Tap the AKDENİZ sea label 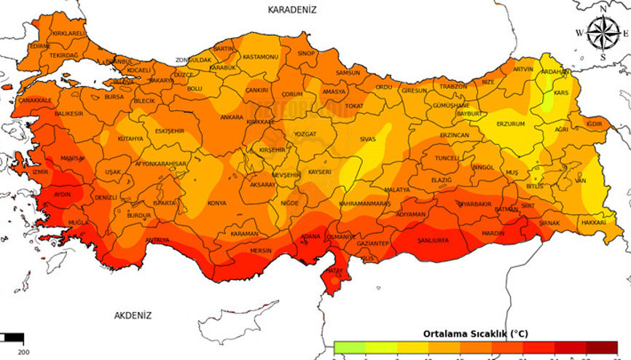tap(133, 316)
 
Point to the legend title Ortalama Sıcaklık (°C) tap(475, 333)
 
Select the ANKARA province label tap(232, 117)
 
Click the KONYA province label tap(216, 203)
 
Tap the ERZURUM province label tap(511, 124)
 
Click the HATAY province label tap(334, 271)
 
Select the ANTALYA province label tap(157, 240)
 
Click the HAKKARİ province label tap(594, 222)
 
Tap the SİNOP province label tap(306, 53)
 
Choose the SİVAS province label tap(367, 138)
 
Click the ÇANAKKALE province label tap(35, 100)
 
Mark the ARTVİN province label tap(523, 69)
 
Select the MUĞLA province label tap(78, 222)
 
